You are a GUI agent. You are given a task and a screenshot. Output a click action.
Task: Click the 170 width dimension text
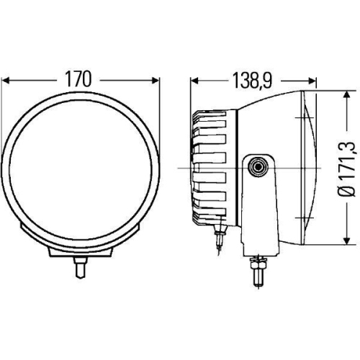78,80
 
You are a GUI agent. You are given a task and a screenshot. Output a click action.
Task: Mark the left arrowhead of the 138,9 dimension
194,81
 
